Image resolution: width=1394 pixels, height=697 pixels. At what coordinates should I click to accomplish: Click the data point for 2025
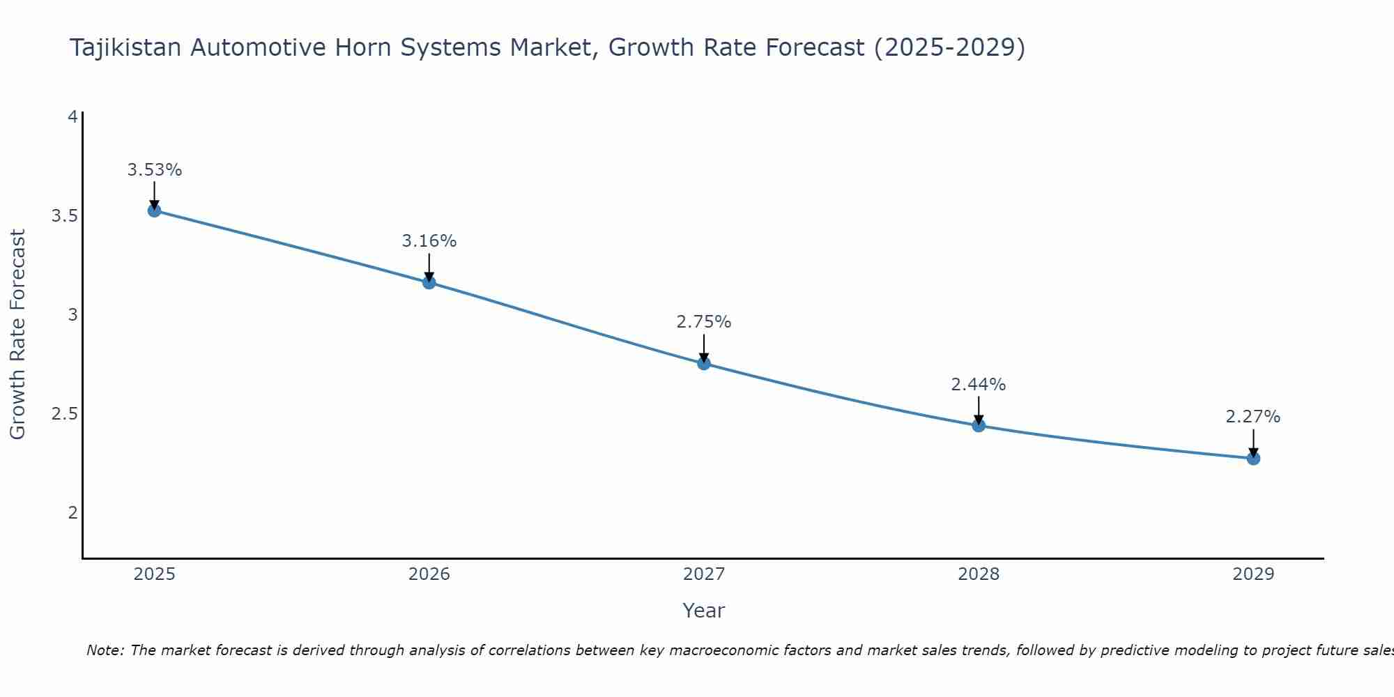[x=154, y=210]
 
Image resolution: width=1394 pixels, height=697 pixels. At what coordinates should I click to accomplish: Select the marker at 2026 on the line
[x=429, y=282]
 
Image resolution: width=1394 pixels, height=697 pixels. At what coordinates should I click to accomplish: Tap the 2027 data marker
[x=703, y=363]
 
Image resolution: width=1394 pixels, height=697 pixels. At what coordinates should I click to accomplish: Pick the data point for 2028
[x=978, y=425]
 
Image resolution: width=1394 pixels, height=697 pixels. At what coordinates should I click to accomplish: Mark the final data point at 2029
[x=1253, y=458]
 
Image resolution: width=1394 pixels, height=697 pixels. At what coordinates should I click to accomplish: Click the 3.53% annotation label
[x=154, y=170]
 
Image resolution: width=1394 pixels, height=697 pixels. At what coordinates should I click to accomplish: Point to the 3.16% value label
[x=429, y=241]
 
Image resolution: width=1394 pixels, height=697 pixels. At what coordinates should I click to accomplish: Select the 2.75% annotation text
[x=703, y=322]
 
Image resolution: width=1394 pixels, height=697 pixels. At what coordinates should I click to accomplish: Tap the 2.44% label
[x=978, y=385]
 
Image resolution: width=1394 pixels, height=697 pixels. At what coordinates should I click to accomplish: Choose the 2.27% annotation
[x=1253, y=417]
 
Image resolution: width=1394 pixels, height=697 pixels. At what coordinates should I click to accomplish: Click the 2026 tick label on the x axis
[x=429, y=574]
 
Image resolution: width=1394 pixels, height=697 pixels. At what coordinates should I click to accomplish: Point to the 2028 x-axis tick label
[x=978, y=574]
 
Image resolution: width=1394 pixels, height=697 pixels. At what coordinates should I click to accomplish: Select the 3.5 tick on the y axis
[x=64, y=216]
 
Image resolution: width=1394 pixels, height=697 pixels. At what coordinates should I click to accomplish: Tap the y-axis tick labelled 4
[x=72, y=117]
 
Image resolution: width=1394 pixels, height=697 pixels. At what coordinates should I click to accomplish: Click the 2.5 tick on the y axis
[x=64, y=414]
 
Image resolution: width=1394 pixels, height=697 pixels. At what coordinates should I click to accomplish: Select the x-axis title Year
[x=703, y=611]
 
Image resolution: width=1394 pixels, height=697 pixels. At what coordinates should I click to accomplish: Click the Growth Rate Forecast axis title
[x=17, y=335]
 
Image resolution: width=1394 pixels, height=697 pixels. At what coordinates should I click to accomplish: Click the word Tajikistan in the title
[x=125, y=47]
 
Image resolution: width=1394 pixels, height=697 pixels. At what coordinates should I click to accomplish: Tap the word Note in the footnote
[x=104, y=650]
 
